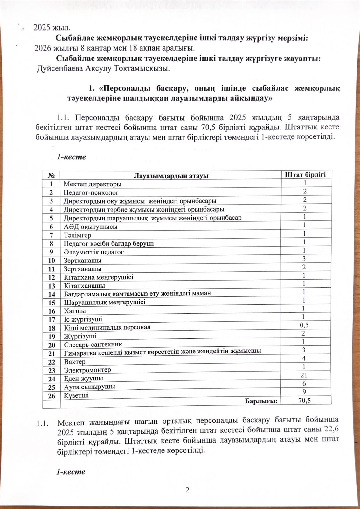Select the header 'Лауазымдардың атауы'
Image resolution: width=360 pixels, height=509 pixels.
[171, 176]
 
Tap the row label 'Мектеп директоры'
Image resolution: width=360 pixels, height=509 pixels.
[92, 184]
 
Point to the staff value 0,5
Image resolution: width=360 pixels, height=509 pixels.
[304, 325]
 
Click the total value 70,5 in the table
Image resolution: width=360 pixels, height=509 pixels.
[304, 400]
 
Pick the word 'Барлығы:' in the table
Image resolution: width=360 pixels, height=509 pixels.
[261, 401]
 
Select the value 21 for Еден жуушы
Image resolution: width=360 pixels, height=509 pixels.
[304, 375]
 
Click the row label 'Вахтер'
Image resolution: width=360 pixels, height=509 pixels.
[75, 362]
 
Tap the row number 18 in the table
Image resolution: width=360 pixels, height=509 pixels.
[52, 328]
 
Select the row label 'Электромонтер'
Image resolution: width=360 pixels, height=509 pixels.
[87, 370]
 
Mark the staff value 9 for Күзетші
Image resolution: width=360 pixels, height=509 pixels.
[304, 392]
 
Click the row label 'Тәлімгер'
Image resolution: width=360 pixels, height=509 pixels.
[77, 235]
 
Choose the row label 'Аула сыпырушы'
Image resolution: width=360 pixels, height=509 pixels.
[89, 387]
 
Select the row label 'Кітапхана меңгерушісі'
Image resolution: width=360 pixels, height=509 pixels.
[99, 277]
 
